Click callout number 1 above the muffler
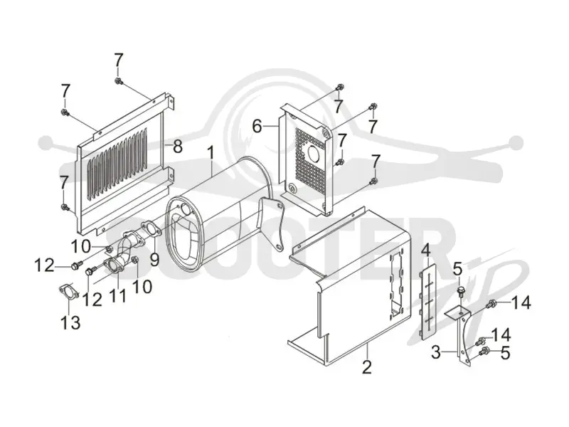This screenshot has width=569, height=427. pos(211,154)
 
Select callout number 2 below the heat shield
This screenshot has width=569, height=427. pos(367,367)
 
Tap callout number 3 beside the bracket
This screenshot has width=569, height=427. pos(436,352)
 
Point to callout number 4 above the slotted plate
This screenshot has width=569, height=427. pos(425,251)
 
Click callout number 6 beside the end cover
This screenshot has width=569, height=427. pos(257,127)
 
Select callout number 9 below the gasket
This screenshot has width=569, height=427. pos(155,260)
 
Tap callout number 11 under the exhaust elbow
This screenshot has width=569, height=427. pos(119,296)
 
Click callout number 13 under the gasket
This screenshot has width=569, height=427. pos(70,322)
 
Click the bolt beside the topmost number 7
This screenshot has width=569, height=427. pos(119,81)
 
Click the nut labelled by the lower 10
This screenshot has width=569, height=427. pos(135,259)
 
